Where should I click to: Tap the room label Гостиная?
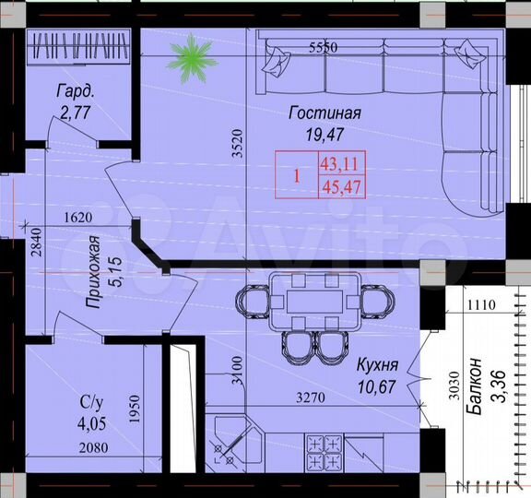pos(324,113)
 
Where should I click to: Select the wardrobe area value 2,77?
pos(77,113)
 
